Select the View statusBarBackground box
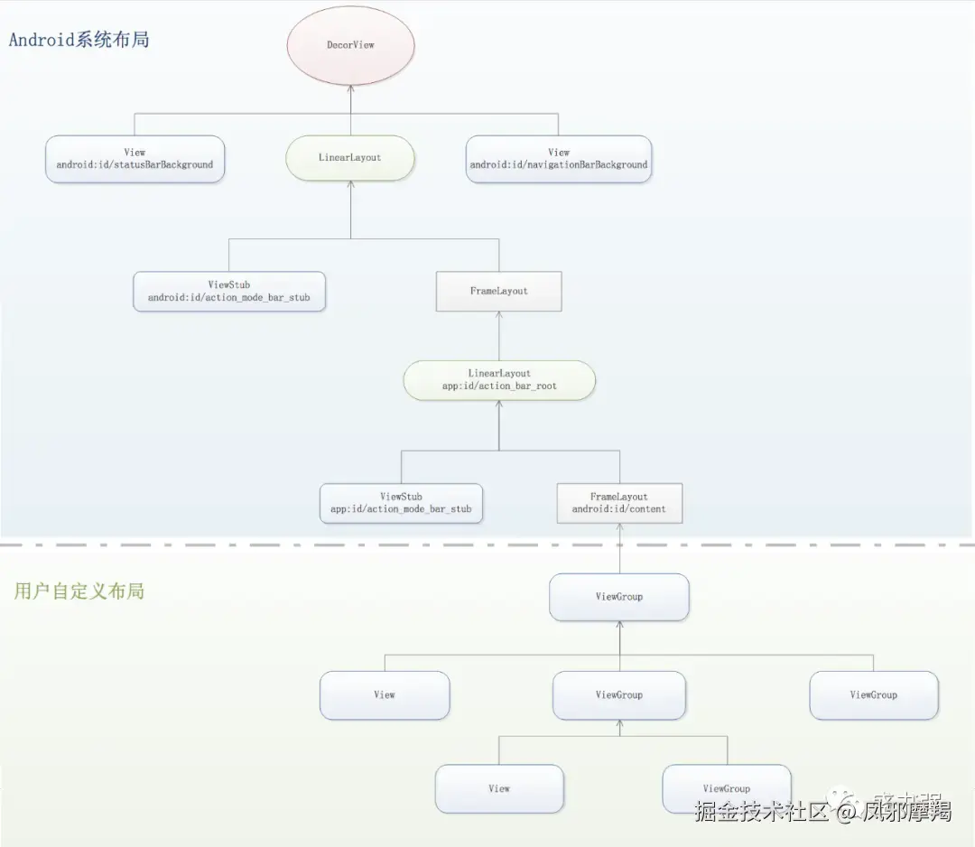pos(135,159)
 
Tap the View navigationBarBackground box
pos(559,159)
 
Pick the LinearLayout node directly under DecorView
pos(350,158)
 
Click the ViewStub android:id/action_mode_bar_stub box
pos(228,291)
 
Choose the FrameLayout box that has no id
pos(499,291)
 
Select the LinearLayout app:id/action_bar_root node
pos(499,380)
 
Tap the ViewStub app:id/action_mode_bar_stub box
pos(401,503)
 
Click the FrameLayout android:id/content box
pos(619,503)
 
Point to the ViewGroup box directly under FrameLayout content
pos(619,597)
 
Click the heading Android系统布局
pos(79,40)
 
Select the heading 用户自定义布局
pos(79,591)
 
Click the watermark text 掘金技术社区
pos(761,811)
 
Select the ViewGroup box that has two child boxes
pos(619,695)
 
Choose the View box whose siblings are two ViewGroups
pos(385,695)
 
